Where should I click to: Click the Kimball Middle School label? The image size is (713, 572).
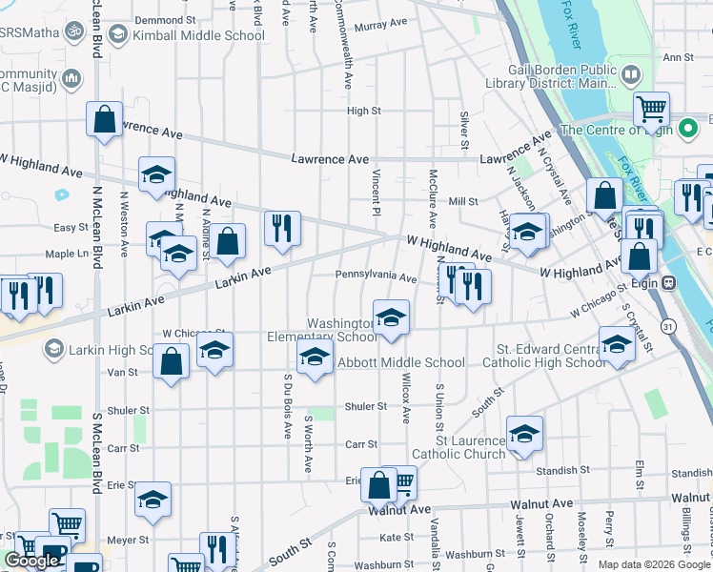tap(198, 36)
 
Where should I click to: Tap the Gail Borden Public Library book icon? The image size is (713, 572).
tap(630, 74)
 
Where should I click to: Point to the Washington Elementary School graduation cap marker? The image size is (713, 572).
tap(391, 317)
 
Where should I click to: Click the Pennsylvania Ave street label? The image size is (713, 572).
tap(376, 278)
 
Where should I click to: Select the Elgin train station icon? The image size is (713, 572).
tap(670, 282)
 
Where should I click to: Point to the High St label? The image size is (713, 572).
tap(364, 111)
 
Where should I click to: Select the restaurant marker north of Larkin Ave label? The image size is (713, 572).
tap(282, 229)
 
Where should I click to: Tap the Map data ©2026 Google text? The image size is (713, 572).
tap(653, 564)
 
